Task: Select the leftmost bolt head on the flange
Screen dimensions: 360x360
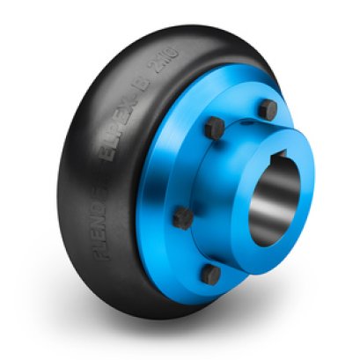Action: point(182,216)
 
